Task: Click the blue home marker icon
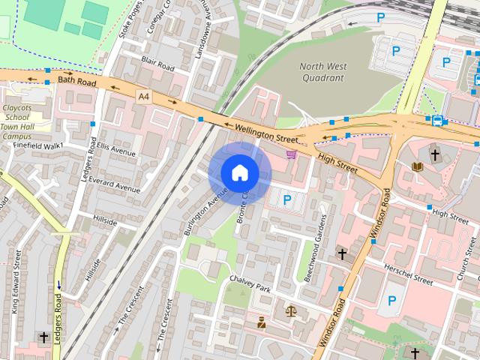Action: pos(239,173)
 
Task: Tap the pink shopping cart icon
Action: pos(291,154)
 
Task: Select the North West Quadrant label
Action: pos(322,71)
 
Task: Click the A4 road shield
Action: pos(143,95)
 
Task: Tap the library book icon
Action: pos(417,166)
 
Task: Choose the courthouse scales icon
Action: pos(291,310)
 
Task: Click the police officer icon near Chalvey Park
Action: pos(261,323)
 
